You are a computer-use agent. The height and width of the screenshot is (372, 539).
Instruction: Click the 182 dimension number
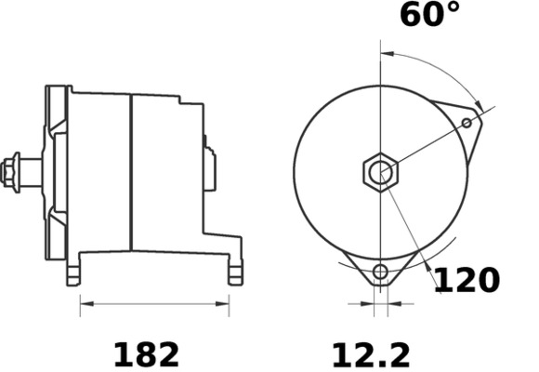point(146,353)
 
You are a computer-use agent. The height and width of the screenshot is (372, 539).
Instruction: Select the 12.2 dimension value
point(372,353)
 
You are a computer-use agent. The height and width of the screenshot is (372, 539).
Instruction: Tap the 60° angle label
point(429,16)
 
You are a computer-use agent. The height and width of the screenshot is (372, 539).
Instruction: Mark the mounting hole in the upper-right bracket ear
point(467,121)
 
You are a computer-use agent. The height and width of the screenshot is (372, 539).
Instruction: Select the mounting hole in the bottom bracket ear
point(379,272)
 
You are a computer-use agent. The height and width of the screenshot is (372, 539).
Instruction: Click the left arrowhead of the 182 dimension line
point(84,302)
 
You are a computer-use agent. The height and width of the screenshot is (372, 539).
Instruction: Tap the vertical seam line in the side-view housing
point(131,172)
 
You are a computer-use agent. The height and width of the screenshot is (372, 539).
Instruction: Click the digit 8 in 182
point(146,353)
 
